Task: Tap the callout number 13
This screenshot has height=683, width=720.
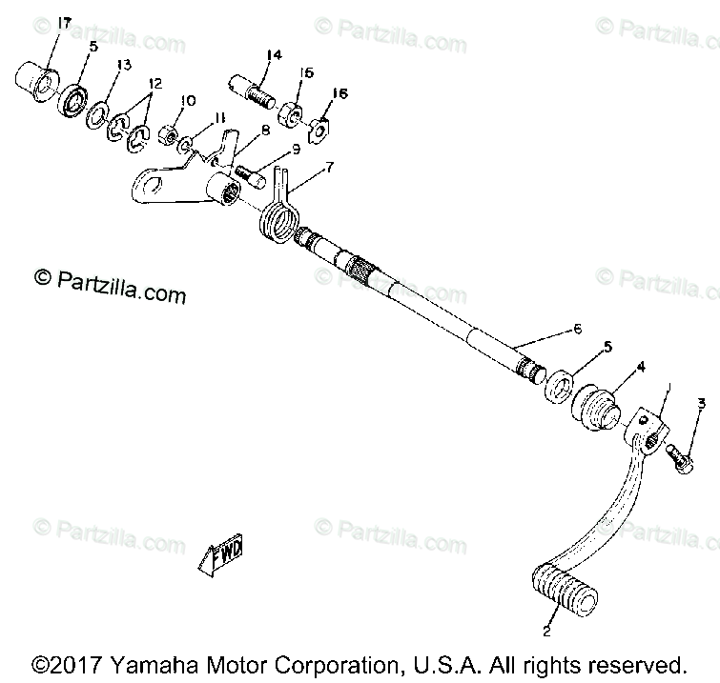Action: click(123, 65)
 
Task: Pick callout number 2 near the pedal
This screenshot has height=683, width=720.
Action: click(546, 631)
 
